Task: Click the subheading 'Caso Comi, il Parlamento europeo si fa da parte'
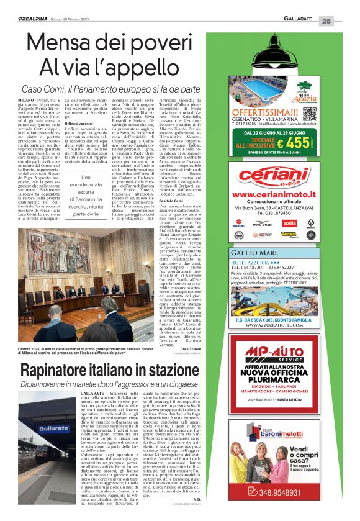point(112,89)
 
